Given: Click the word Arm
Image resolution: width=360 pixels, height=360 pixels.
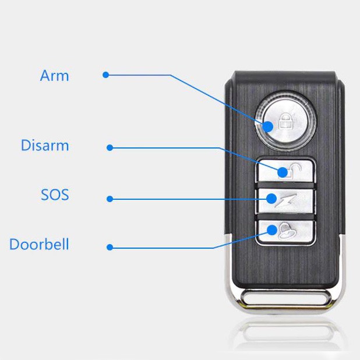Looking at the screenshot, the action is tap(54, 76).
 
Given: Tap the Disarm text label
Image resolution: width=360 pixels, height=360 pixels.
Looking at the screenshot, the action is tap(45, 145).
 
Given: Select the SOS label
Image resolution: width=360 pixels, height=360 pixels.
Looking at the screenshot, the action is tap(55, 195).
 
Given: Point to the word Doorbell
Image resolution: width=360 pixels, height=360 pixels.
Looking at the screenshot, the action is tap(39, 244).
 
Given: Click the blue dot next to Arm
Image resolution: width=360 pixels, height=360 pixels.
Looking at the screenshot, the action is tap(105, 75).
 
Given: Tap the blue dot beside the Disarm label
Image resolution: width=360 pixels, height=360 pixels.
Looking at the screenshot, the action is tap(110, 147).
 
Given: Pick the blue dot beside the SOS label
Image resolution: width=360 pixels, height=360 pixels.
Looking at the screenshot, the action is tap(110, 199).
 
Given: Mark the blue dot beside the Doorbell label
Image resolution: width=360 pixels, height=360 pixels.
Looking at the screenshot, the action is tap(110, 247).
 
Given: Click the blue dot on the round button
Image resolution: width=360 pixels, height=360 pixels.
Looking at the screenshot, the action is tap(268, 127).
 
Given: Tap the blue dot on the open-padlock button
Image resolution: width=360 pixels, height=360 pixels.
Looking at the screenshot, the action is tap(283, 172).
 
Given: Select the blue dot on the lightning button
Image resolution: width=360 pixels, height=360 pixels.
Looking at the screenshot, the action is tap(271, 199).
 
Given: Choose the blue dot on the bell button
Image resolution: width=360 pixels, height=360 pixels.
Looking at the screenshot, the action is tap(272, 230).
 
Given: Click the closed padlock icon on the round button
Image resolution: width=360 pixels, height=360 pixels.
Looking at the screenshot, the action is tap(286, 121).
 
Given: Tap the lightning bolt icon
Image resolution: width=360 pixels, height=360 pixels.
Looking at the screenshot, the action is tap(285, 200).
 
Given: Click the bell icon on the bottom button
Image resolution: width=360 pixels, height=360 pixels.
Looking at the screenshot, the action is tap(287, 232).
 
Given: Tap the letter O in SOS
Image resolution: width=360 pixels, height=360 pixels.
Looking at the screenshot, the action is tap(55, 195).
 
